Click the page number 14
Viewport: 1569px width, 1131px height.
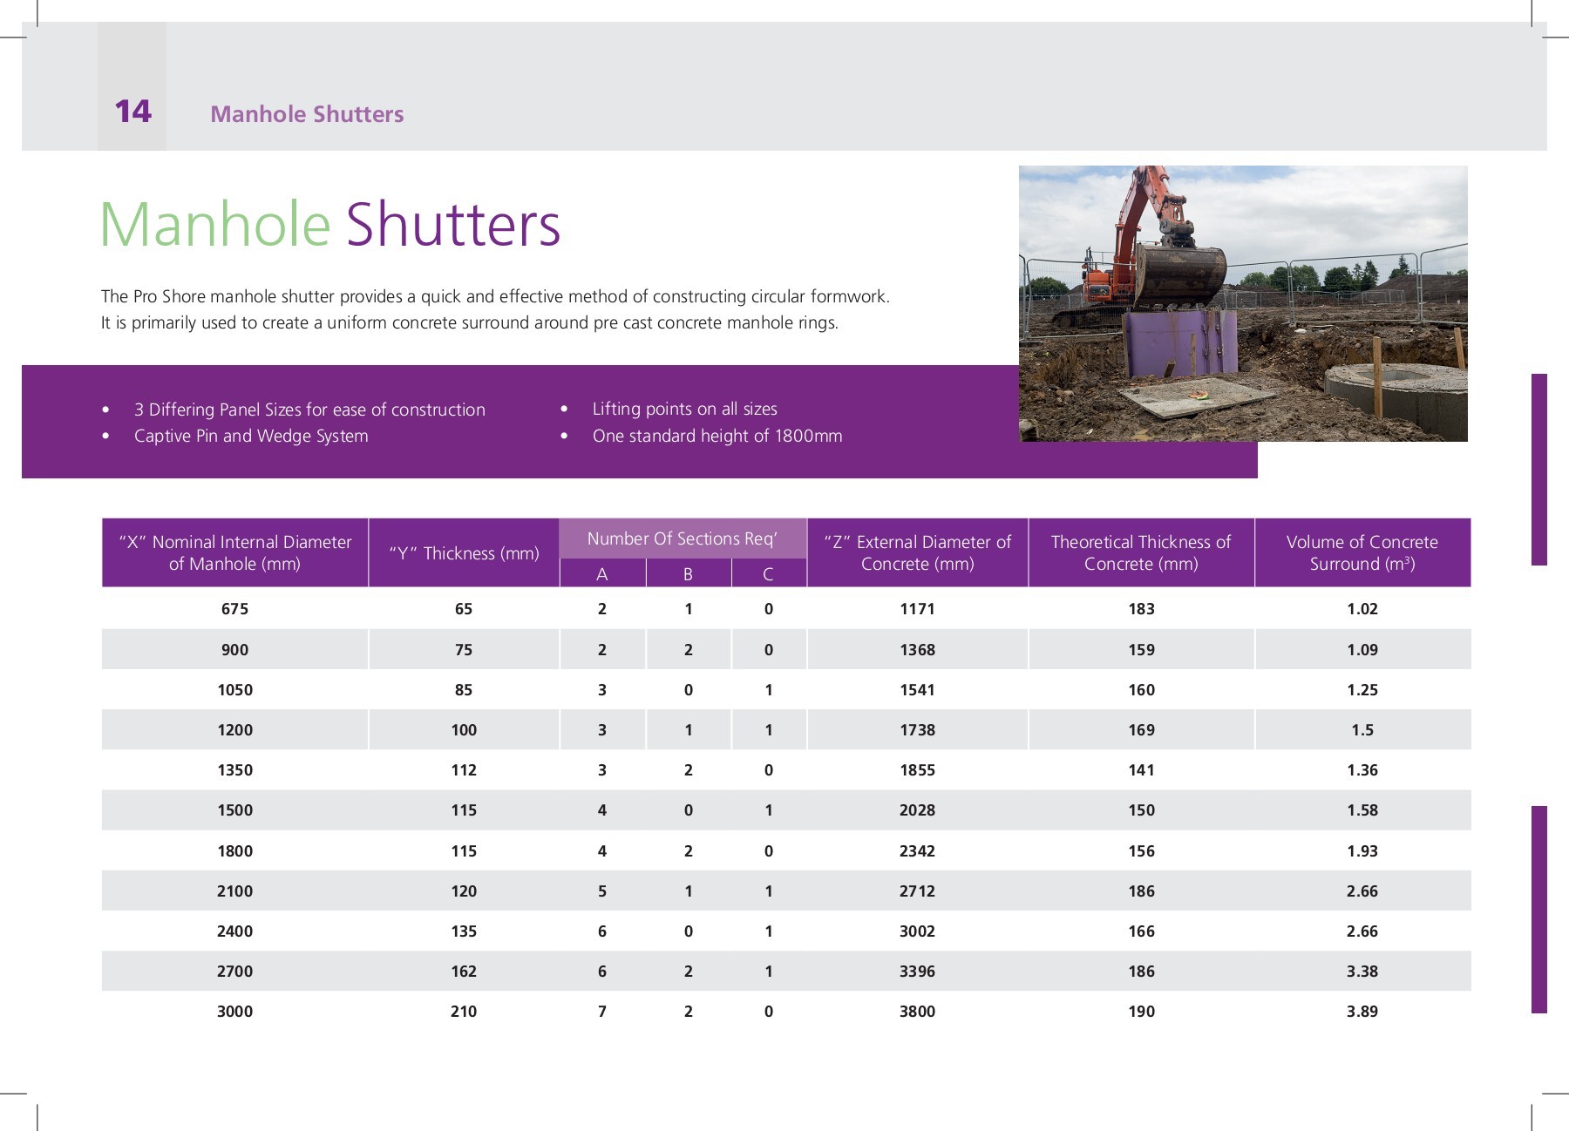tap(132, 112)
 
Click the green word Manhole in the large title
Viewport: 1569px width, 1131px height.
tap(215, 225)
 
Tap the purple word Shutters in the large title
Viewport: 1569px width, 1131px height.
tap(453, 225)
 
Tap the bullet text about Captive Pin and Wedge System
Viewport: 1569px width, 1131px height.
tap(251, 436)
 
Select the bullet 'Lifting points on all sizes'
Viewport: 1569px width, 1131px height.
tap(684, 409)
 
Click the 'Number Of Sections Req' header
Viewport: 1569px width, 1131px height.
tap(682, 538)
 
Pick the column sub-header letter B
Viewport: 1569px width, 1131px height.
tap(688, 574)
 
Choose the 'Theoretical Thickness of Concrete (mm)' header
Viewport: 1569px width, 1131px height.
tap(1141, 552)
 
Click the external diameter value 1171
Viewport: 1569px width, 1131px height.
tap(917, 609)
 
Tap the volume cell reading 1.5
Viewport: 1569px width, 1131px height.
tap(1362, 730)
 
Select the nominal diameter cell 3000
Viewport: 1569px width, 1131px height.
tap(234, 1012)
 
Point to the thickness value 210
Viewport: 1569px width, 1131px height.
tap(464, 1012)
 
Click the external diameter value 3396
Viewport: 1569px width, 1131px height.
tap(917, 972)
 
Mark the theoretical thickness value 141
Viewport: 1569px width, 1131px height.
tap(1141, 770)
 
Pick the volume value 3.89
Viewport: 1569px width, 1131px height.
tap(1362, 1012)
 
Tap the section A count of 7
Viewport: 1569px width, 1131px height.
tap(601, 1012)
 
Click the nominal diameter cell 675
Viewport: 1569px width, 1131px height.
tap(234, 609)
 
